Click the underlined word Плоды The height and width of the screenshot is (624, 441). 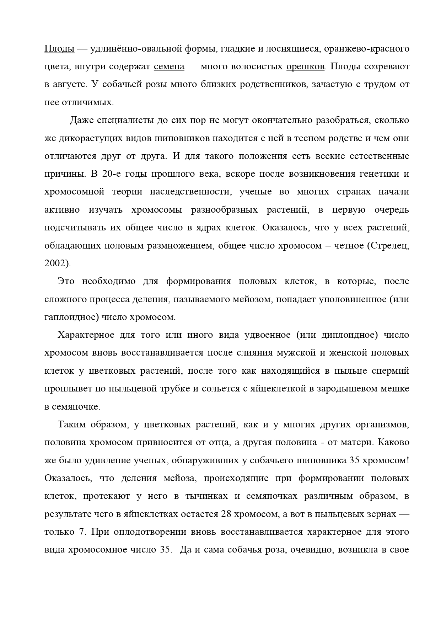click(59, 49)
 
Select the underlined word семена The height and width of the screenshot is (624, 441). click(169, 66)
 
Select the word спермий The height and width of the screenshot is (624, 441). click(390, 371)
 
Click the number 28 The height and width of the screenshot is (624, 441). click(227, 514)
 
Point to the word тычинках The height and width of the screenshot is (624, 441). click(206, 496)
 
